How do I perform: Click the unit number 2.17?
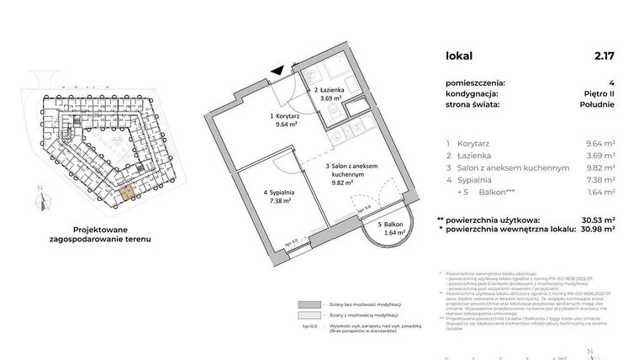coord(605,56)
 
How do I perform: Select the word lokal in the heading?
coord(459,56)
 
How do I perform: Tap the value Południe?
coord(595,104)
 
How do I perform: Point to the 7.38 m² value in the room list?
coord(599,180)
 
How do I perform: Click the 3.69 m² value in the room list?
coord(599,156)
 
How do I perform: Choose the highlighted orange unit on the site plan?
coord(124,194)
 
